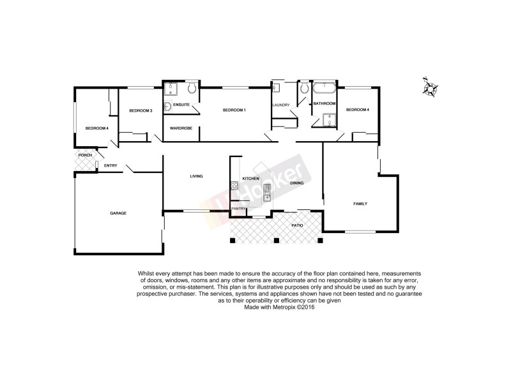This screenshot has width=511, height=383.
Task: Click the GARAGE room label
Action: (118, 213)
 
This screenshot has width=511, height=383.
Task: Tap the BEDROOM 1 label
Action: (234, 110)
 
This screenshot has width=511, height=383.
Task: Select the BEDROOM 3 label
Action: (141, 110)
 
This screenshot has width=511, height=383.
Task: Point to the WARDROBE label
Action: (181, 128)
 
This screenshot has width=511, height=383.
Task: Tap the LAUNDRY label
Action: (281, 105)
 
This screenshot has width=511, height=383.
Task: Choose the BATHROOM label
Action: (324, 103)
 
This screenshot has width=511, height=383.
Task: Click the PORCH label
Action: (84, 155)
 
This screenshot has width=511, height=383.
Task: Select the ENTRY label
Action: (111, 166)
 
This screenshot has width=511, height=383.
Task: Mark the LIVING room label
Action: (196, 176)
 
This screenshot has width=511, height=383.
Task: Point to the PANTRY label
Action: (239, 208)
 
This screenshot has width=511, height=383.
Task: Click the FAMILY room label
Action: (362, 204)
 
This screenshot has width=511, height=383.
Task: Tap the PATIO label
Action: (297, 225)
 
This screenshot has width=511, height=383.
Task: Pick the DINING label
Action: (297, 183)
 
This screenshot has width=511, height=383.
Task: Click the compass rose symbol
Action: (430, 87)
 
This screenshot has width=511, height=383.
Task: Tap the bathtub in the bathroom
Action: (324, 88)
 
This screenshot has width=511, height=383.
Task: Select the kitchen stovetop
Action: (234, 186)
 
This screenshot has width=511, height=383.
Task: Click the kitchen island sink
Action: (266, 188)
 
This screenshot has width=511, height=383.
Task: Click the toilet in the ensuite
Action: (191, 87)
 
